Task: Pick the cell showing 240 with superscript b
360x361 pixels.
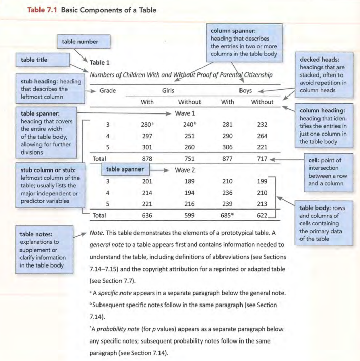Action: [190, 124]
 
